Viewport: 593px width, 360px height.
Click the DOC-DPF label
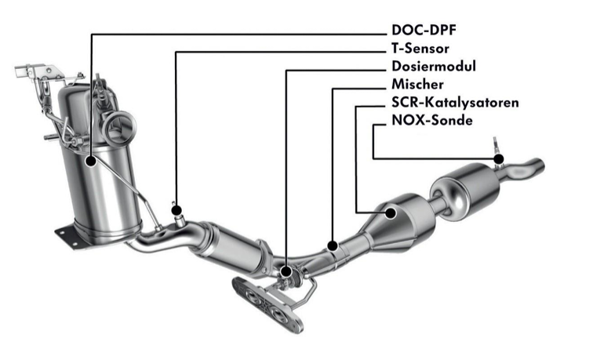click(424, 30)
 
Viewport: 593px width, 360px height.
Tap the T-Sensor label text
click(420, 49)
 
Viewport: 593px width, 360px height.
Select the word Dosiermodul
click(434, 66)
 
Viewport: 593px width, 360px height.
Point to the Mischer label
click(417, 84)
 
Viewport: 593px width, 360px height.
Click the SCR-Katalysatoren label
click(455, 102)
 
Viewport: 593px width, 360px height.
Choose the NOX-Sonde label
click(432, 120)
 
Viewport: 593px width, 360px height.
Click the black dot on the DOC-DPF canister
click(91, 162)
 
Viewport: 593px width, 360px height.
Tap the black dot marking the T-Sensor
click(176, 210)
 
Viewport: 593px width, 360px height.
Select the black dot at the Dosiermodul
click(286, 271)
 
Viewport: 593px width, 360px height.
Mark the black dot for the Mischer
click(333, 245)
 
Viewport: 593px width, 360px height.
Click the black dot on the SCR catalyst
click(391, 213)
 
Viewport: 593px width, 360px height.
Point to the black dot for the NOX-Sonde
click(499, 158)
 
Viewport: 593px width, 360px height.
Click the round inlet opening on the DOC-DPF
click(118, 129)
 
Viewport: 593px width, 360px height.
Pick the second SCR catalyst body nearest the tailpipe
click(466, 191)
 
